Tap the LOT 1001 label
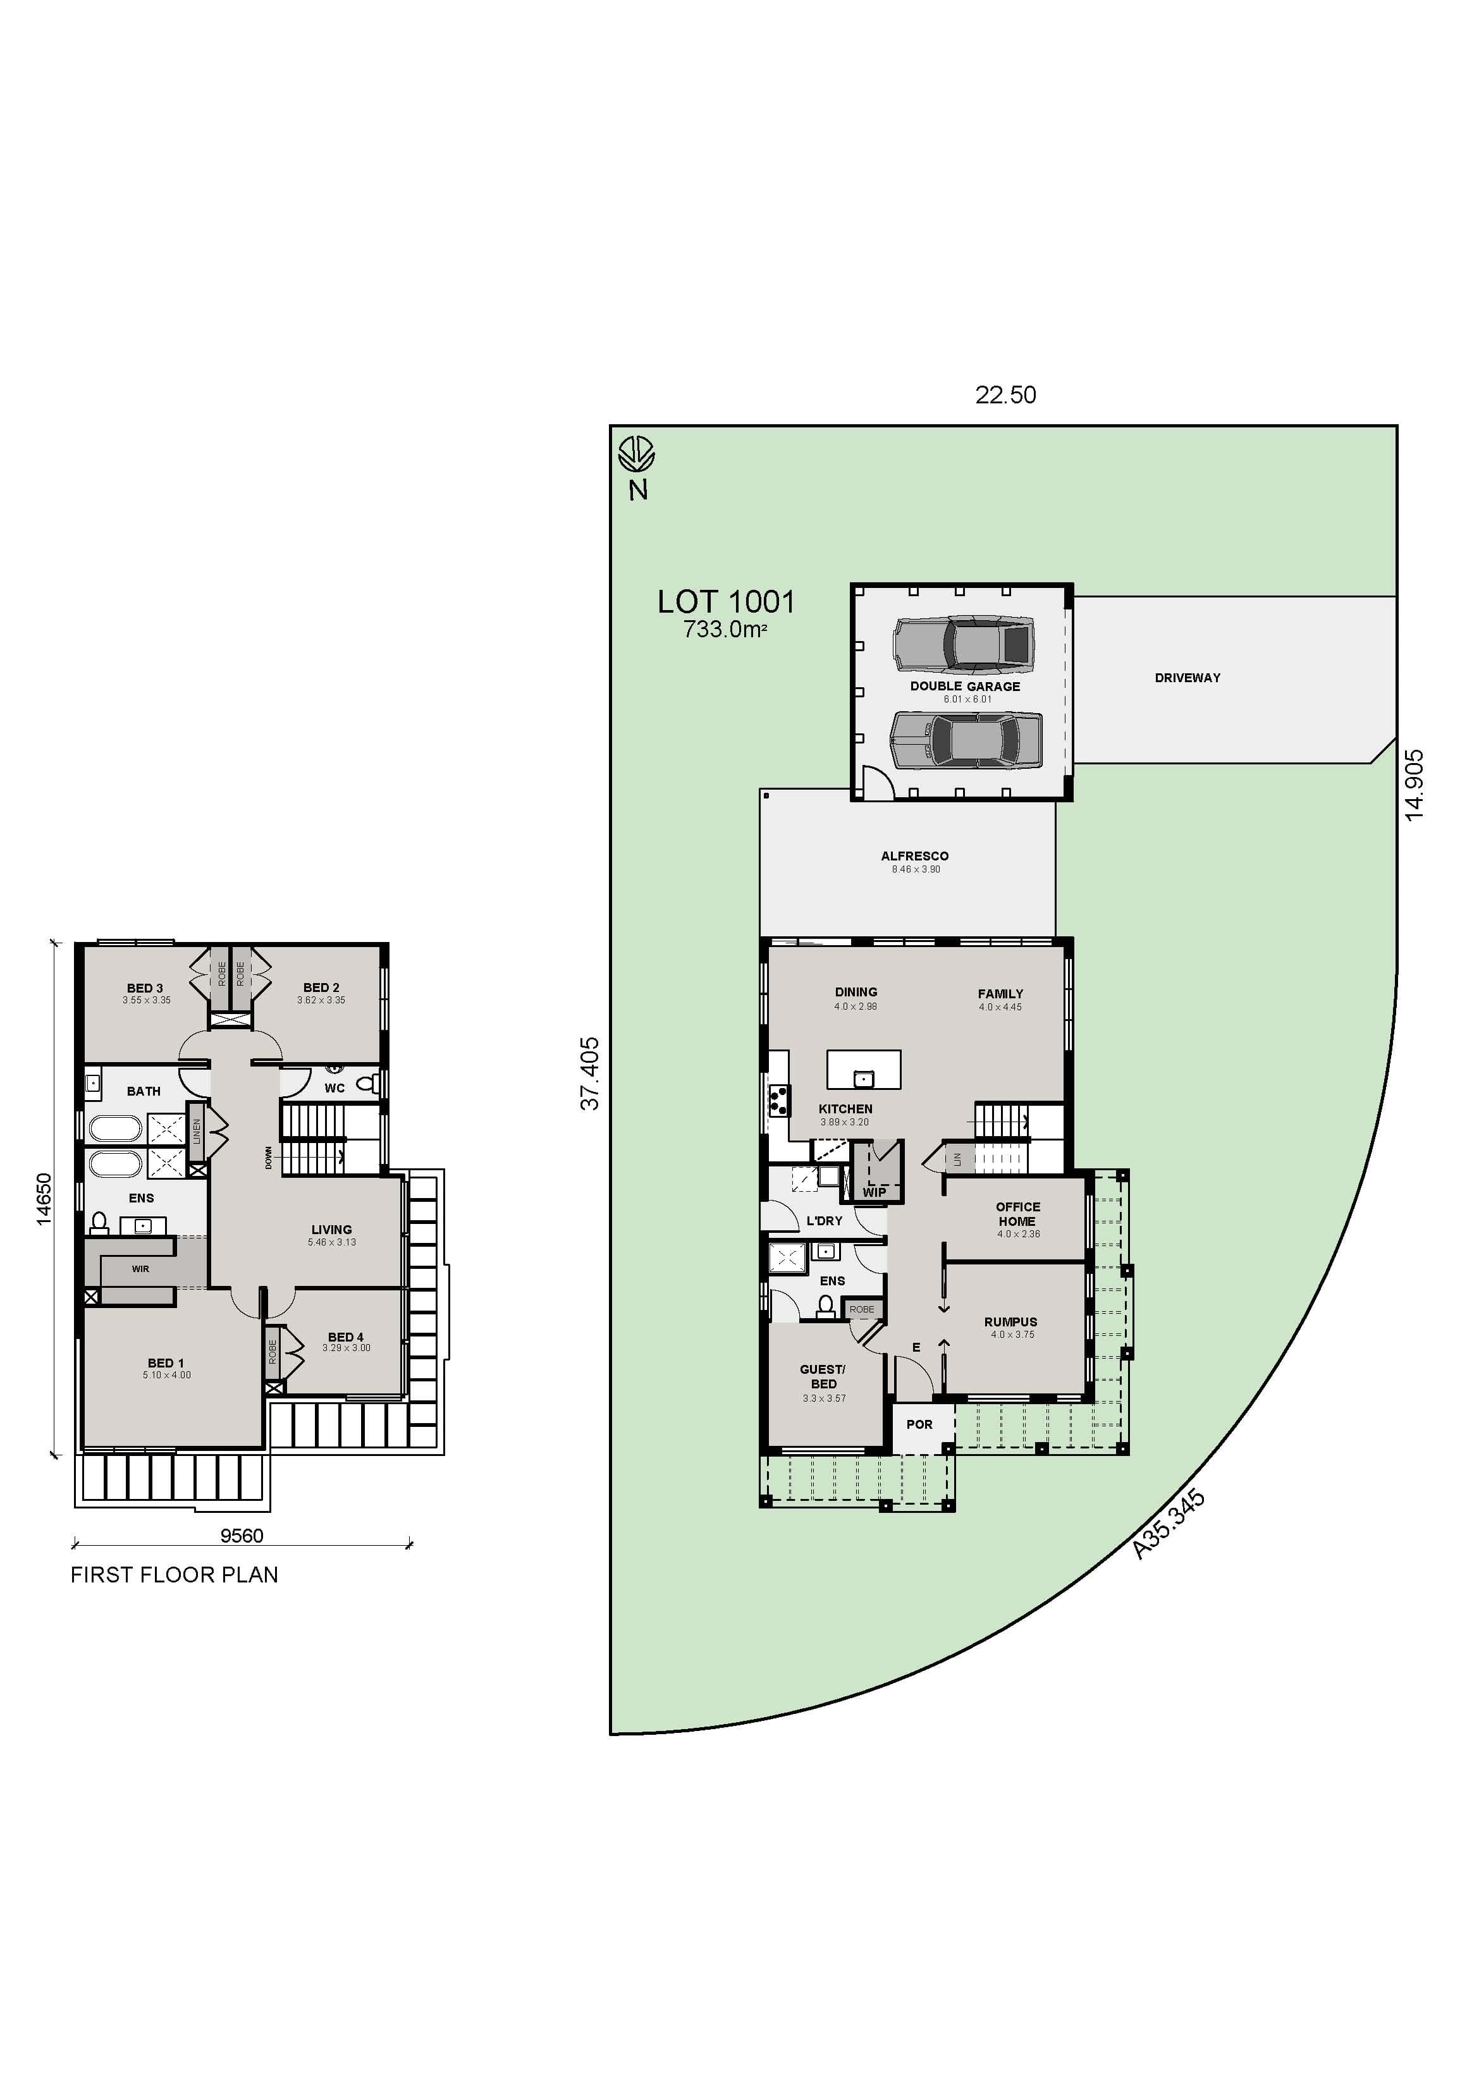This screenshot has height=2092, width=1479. (727, 603)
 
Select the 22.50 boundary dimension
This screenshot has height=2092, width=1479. (1005, 395)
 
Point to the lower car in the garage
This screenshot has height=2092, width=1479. (966, 740)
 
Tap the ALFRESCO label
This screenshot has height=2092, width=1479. (914, 857)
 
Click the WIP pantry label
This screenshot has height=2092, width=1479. (874, 1192)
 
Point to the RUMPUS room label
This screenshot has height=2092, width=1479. (1010, 1322)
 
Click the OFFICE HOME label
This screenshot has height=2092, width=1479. (1017, 1214)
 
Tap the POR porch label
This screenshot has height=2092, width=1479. (919, 1424)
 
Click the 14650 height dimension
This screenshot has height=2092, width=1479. (44, 1199)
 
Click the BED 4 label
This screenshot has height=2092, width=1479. (345, 1338)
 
